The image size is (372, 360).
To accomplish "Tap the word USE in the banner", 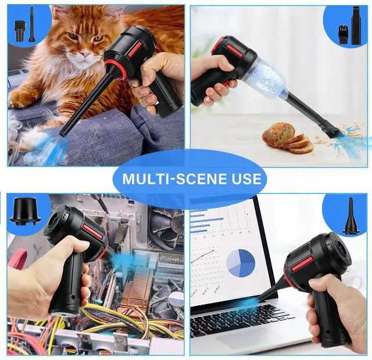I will point(244,178).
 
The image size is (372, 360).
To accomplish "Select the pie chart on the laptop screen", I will point(241,263).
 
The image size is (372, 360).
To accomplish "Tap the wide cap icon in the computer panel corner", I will point(24,211).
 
